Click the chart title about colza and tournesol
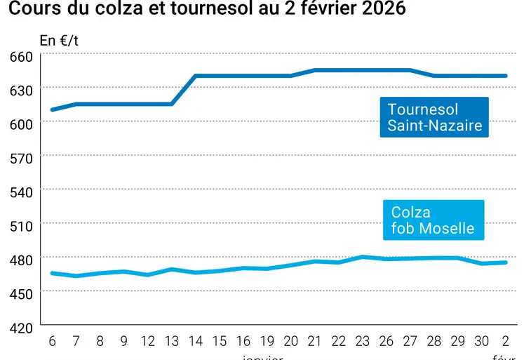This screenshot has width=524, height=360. (207, 10)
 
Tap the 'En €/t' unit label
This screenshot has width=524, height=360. (59, 41)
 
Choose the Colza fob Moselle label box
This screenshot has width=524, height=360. (433, 220)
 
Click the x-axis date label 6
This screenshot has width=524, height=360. (52, 342)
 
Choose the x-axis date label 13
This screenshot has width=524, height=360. (172, 342)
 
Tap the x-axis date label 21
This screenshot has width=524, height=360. (315, 342)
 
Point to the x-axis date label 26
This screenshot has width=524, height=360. (387, 342)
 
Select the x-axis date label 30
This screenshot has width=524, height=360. (482, 342)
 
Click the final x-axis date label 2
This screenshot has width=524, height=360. (506, 342)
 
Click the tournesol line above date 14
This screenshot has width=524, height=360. (196, 76)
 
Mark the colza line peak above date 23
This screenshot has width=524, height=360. (363, 257)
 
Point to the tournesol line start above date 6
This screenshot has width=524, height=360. (52, 109)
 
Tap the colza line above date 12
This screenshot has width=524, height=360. (148, 274)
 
